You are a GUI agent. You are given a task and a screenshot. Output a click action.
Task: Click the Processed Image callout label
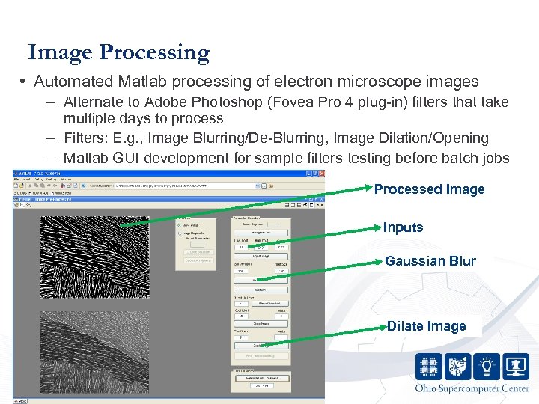(x=429, y=189)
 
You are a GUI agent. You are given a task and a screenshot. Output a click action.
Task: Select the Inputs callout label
(x=403, y=227)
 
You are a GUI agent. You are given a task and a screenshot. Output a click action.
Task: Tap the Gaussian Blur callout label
(x=430, y=261)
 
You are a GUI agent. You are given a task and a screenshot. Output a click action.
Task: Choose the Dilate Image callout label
(x=426, y=326)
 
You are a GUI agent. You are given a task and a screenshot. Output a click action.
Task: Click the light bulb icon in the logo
(x=487, y=366)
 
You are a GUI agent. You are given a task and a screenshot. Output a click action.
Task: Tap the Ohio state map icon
(x=457, y=366)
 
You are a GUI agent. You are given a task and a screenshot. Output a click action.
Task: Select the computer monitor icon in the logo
(x=517, y=366)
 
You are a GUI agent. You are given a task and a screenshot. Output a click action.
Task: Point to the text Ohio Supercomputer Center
(x=472, y=388)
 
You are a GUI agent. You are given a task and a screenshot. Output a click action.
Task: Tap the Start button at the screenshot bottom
(x=20, y=400)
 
